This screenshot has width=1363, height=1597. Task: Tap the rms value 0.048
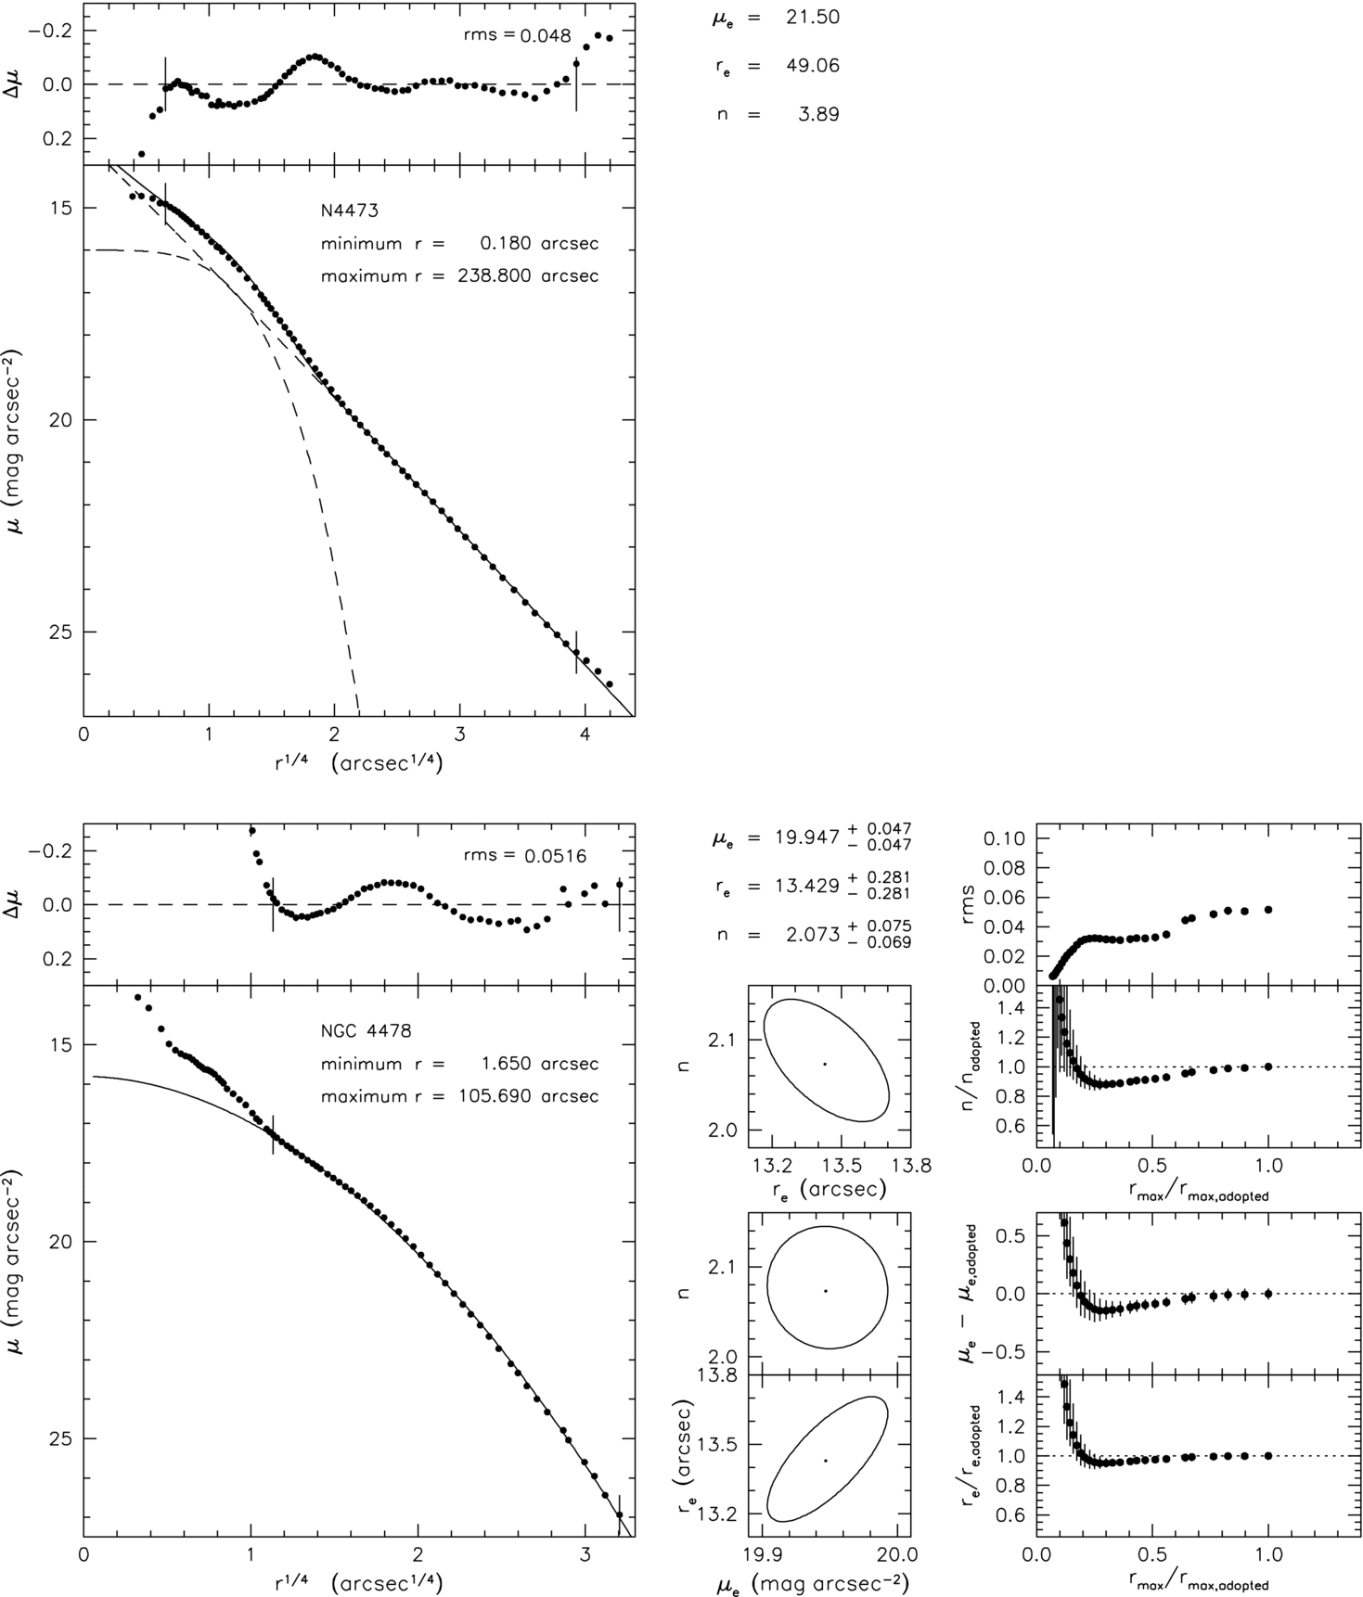(546, 36)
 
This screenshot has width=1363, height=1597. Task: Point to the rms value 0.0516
(553, 856)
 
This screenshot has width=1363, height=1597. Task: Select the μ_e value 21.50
(812, 18)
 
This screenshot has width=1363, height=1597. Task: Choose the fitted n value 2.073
(806, 935)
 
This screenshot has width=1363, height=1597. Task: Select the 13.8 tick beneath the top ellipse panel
(910, 1165)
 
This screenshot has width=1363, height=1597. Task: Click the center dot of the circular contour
(826, 1291)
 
